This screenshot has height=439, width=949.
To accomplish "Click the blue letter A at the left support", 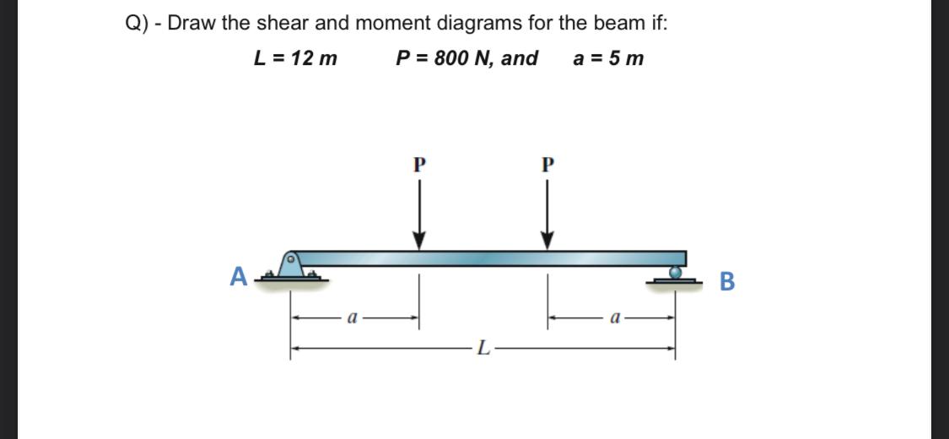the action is point(240,276).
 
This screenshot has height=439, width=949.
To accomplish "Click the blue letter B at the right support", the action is point(727,281).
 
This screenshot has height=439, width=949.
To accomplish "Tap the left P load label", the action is point(418,164).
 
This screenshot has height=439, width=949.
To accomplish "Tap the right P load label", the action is point(546,164).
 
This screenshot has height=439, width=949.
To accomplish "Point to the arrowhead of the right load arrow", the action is point(547,241).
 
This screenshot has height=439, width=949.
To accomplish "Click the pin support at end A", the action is point(291,264).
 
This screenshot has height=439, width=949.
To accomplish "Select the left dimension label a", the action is point(354,319).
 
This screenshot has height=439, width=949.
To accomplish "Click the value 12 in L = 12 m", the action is point(301,58).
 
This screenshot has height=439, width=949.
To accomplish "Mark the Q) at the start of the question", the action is point(137,24).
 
